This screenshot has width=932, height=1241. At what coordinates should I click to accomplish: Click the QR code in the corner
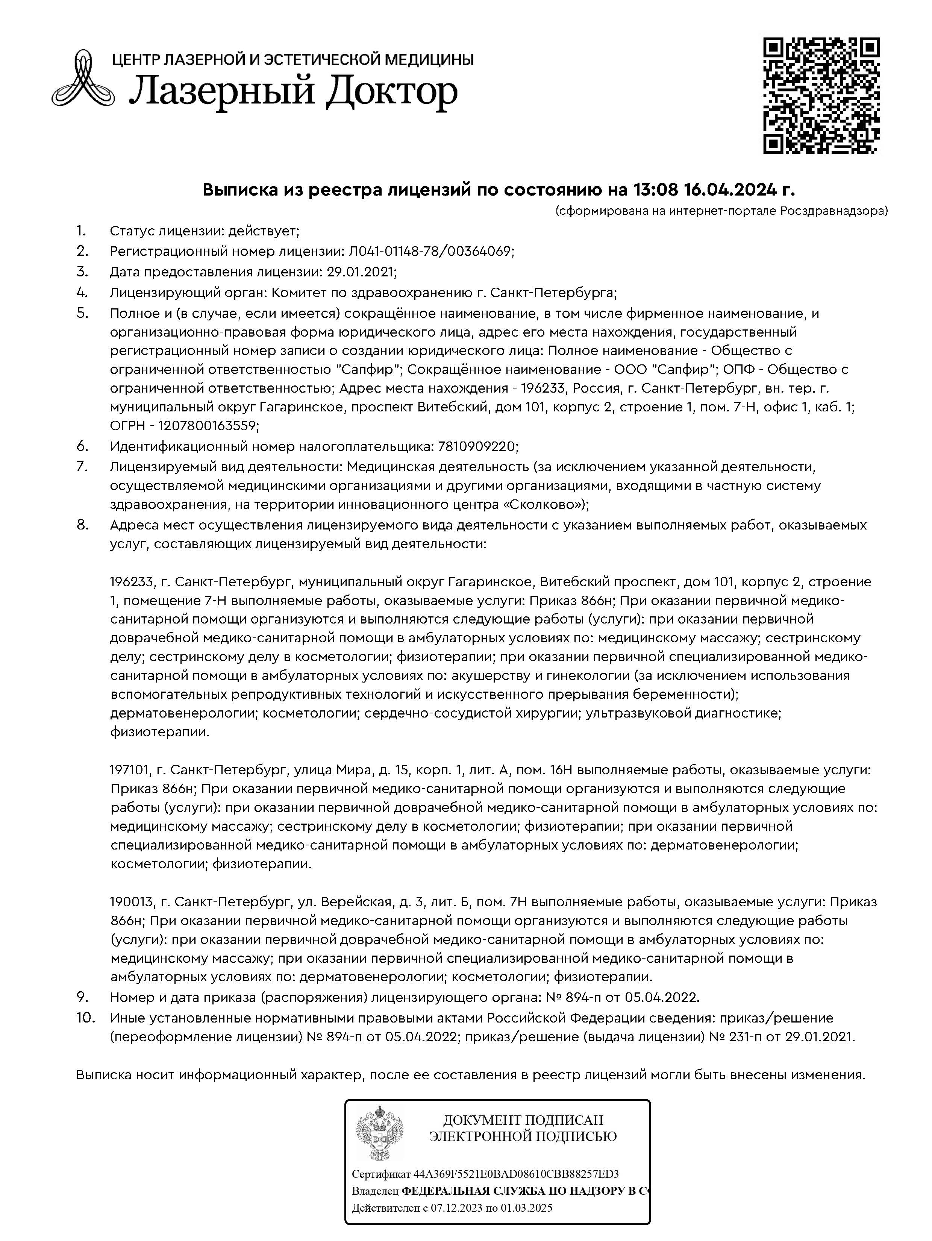[x=821, y=96]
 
